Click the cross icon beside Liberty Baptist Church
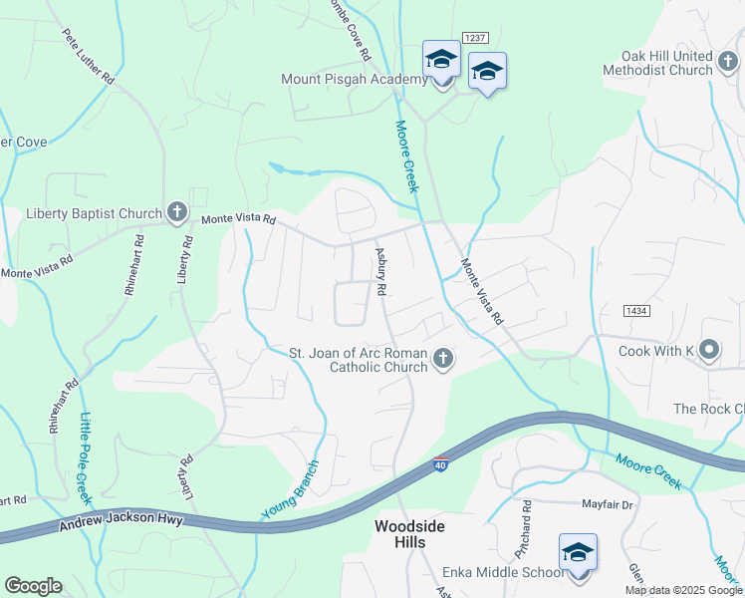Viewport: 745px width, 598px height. (x=176, y=212)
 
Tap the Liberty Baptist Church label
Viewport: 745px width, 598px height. (x=94, y=213)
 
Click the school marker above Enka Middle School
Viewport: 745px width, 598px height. (x=578, y=553)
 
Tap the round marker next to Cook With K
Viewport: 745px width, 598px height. (x=708, y=350)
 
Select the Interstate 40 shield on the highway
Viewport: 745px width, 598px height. (x=440, y=465)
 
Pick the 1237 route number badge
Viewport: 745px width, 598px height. (x=474, y=37)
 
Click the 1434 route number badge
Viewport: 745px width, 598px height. (x=637, y=311)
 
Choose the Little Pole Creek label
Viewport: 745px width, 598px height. (x=86, y=456)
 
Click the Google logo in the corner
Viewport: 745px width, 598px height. (x=33, y=586)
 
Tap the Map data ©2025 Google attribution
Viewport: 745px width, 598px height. (x=683, y=590)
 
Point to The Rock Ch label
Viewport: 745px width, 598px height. (x=708, y=409)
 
